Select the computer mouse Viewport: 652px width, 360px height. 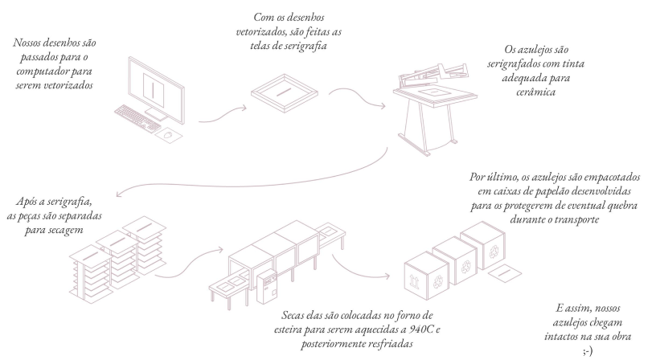(167, 136)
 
